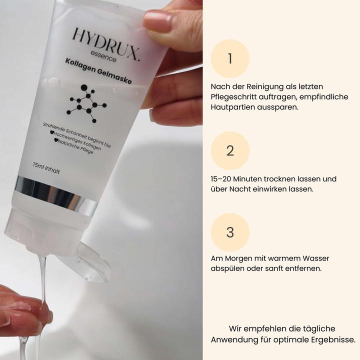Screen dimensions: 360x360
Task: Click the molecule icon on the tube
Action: pyautogui.click(x=86, y=103)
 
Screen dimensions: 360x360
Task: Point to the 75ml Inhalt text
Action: pyautogui.click(x=46, y=167)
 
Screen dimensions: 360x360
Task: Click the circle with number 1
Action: pyautogui.click(x=230, y=58)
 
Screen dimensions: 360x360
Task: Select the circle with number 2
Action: pyautogui.click(x=230, y=150)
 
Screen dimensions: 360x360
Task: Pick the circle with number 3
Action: pyautogui.click(x=230, y=232)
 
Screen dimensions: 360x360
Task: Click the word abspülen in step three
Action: pyautogui.click(x=229, y=268)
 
